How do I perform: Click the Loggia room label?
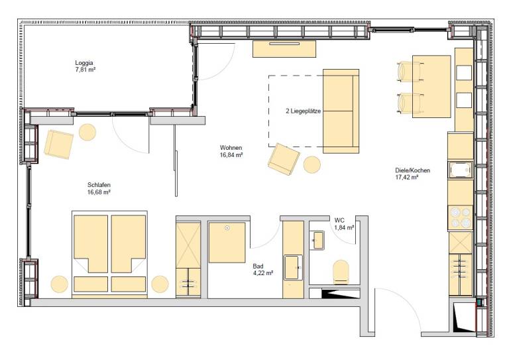[x=84, y=62]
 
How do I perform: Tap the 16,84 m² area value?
[x=231, y=155]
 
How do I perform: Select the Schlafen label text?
[x=99, y=185]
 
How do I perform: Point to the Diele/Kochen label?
[x=413, y=170]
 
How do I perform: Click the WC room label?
[x=339, y=220]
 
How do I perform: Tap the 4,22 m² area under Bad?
[x=263, y=273]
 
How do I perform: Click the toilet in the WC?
[x=341, y=272]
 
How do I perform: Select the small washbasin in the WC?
[x=318, y=240]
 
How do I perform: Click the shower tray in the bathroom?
[x=227, y=243]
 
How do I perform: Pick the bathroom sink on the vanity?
[x=294, y=267]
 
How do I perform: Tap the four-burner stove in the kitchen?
[x=461, y=218]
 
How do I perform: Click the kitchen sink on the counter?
[x=461, y=170]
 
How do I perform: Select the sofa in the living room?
[x=341, y=111]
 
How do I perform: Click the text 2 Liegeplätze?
[x=303, y=111]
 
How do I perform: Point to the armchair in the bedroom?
[x=59, y=144]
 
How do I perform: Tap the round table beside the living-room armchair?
[x=312, y=164]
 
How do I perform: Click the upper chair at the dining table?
[x=410, y=72]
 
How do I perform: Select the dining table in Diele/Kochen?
[x=431, y=86]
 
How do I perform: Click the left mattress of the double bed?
[x=91, y=244]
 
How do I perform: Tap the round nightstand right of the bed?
[x=160, y=284]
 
